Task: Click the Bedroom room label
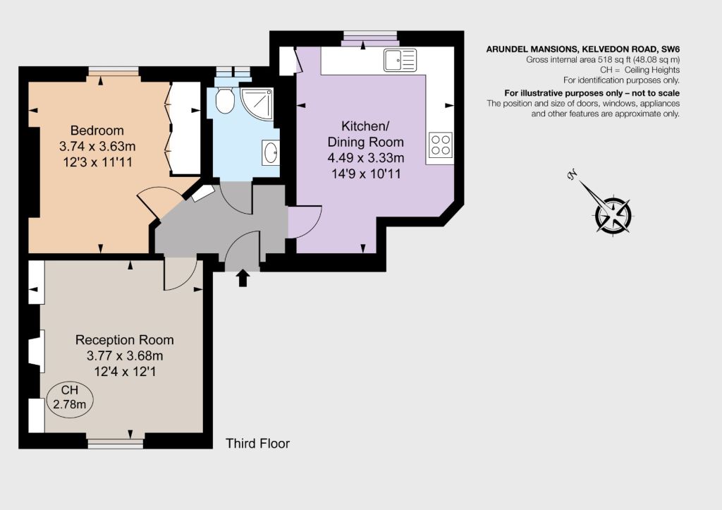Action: click(x=97, y=130)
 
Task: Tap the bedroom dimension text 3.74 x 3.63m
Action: click(x=97, y=147)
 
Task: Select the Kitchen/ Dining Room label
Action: click(x=366, y=134)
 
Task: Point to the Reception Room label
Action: click(x=124, y=340)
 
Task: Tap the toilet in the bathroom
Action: click(x=225, y=101)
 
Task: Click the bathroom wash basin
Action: click(x=271, y=152)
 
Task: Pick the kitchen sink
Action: click(x=400, y=61)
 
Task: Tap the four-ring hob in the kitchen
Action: click(x=441, y=145)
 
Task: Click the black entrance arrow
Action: click(x=243, y=278)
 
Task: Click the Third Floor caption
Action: click(x=257, y=443)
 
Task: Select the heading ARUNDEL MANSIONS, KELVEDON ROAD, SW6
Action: click(x=583, y=49)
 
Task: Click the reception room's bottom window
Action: click(x=116, y=443)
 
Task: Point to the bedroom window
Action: click(x=114, y=71)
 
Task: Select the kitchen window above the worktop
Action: click(x=369, y=39)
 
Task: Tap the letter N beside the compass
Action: click(x=573, y=175)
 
